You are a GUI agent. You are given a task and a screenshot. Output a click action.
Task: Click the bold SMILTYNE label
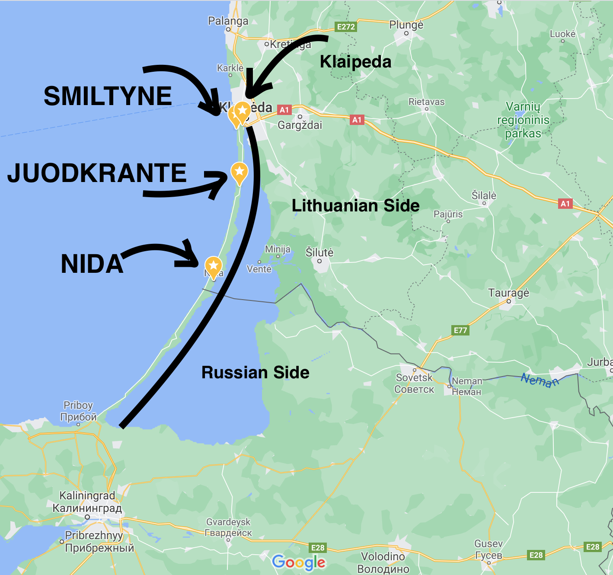pyautogui.click(x=108, y=96)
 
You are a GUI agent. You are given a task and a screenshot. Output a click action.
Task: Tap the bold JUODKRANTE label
pyautogui.click(x=97, y=173)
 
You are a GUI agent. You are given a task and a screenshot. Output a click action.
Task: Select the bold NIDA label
pyautogui.click(x=92, y=264)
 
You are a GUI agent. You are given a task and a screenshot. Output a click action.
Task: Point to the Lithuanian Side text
pyautogui.click(x=355, y=206)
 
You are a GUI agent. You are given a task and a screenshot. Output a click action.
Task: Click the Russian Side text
pyautogui.click(x=255, y=373)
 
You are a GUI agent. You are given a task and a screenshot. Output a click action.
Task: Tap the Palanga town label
pyautogui.click(x=228, y=21)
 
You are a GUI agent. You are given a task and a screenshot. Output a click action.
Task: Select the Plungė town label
pyautogui.click(x=406, y=25)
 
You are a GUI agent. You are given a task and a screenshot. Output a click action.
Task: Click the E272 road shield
pyautogui.click(x=346, y=27)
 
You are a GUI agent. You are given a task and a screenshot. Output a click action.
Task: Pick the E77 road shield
pyautogui.click(x=460, y=330)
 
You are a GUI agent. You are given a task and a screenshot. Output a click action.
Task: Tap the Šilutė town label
pyautogui.click(x=319, y=252)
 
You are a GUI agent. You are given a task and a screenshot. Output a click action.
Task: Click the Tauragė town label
pyautogui.click(x=508, y=293)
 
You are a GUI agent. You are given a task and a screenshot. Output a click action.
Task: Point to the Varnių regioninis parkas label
pyautogui.click(x=523, y=120)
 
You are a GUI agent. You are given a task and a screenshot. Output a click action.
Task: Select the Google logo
pyautogui.click(x=299, y=562)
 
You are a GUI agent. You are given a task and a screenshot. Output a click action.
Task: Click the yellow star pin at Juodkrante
pyautogui.click(x=239, y=172)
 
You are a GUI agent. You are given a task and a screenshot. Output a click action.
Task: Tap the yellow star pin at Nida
pyautogui.click(x=213, y=265)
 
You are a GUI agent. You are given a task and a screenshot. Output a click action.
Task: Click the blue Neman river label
pyautogui.click(x=540, y=380)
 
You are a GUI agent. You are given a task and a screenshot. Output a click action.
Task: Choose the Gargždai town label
pyautogui.click(x=300, y=125)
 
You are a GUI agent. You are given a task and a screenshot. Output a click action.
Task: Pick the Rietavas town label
pyautogui.click(x=426, y=102)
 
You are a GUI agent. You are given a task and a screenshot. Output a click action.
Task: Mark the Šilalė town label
pyautogui.click(x=484, y=196)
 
